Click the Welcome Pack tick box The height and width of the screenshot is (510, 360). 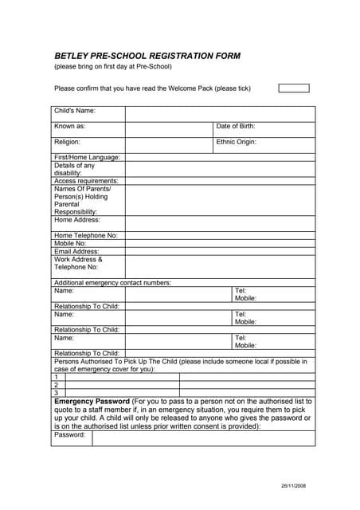point(293,88)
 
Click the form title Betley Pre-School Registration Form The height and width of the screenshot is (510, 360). point(147,57)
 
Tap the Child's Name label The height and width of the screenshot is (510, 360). point(75,111)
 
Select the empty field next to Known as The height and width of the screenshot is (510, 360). point(169,129)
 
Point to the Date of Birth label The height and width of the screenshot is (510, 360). point(236,127)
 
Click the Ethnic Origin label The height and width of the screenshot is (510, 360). point(237,142)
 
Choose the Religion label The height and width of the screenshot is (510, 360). point(67,142)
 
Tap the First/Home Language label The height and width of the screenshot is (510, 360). point(87,158)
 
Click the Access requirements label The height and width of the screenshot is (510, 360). point(86,181)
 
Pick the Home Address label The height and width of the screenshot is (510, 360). point(77,220)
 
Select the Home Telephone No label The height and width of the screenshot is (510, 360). point(85,236)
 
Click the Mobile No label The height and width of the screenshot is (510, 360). point(70,244)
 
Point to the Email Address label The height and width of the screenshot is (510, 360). point(76,252)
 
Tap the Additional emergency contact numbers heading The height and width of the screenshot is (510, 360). point(112,283)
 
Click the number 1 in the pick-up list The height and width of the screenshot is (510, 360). point(57,377)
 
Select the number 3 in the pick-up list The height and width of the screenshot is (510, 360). point(57,393)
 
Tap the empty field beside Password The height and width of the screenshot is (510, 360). point(203,437)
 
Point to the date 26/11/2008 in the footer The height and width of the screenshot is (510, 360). point(293,485)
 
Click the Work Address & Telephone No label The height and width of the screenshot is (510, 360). point(78,264)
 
